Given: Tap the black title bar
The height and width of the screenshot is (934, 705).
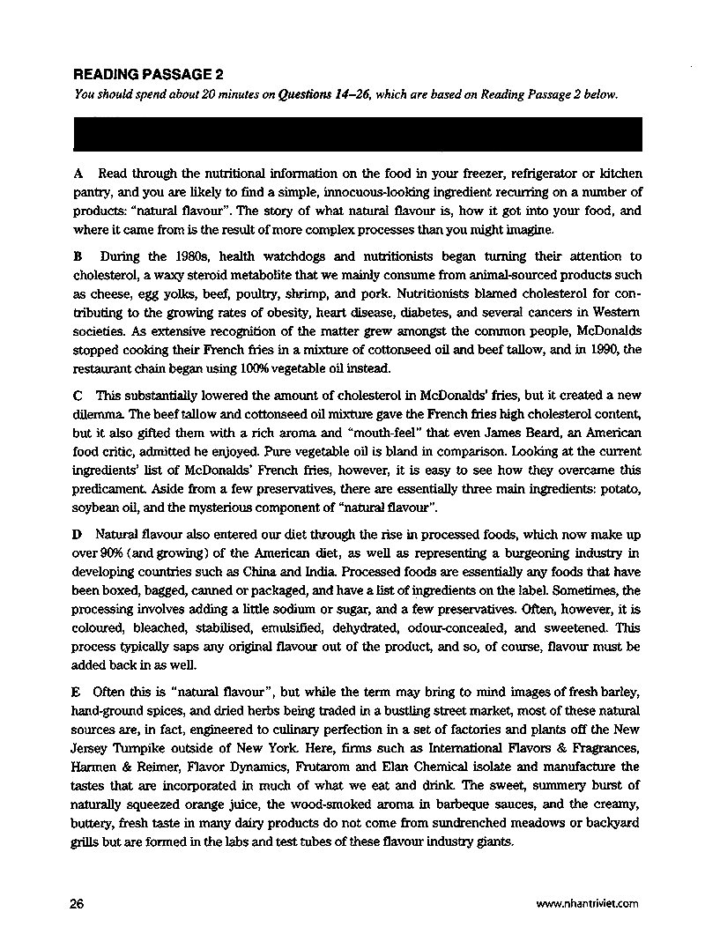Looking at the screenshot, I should [x=357, y=135].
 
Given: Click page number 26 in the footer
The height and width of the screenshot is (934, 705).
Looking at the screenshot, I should [x=77, y=902].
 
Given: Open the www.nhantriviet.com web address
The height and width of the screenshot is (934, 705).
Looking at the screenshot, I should [x=586, y=903].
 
